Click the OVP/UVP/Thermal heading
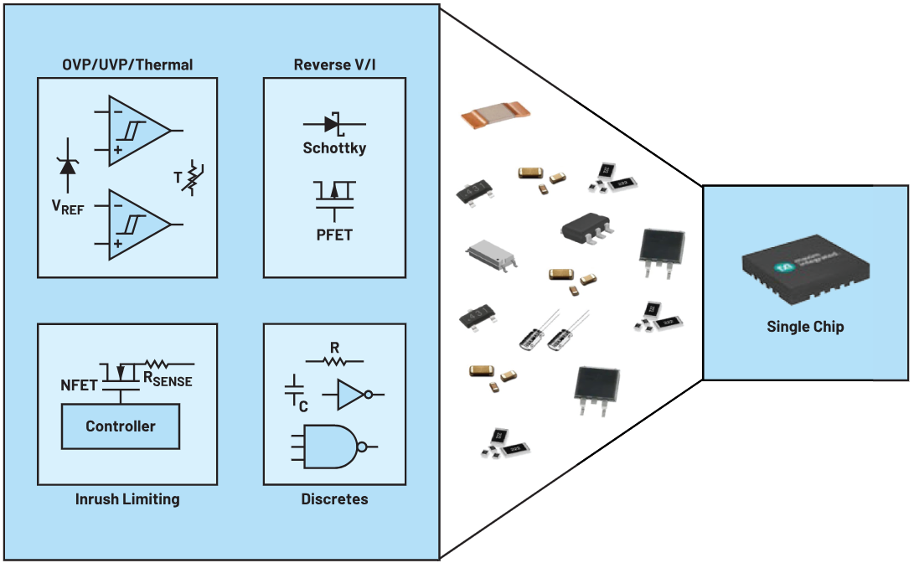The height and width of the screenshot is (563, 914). point(127,65)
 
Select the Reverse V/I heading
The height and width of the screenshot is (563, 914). point(334,65)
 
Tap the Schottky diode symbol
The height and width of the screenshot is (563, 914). point(334,124)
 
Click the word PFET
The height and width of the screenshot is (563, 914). point(334,235)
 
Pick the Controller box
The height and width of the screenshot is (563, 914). point(121,426)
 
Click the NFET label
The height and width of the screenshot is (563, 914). point(79,385)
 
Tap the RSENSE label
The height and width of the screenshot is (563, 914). point(168,379)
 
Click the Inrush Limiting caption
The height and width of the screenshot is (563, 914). point(127,499)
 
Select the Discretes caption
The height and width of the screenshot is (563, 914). point(334,499)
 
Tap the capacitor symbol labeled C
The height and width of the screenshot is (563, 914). point(295,390)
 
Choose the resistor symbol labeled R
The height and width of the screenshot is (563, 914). point(335,361)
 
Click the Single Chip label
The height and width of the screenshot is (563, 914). point(805,327)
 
